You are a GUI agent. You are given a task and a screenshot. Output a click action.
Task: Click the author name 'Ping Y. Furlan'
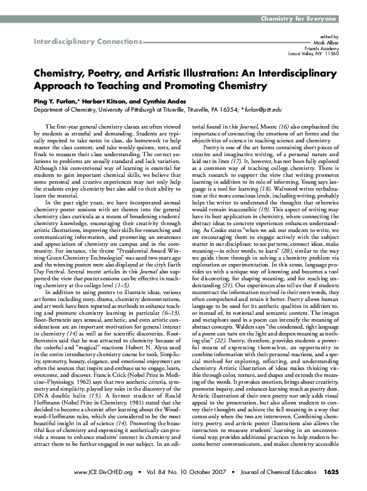pos(51,100)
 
